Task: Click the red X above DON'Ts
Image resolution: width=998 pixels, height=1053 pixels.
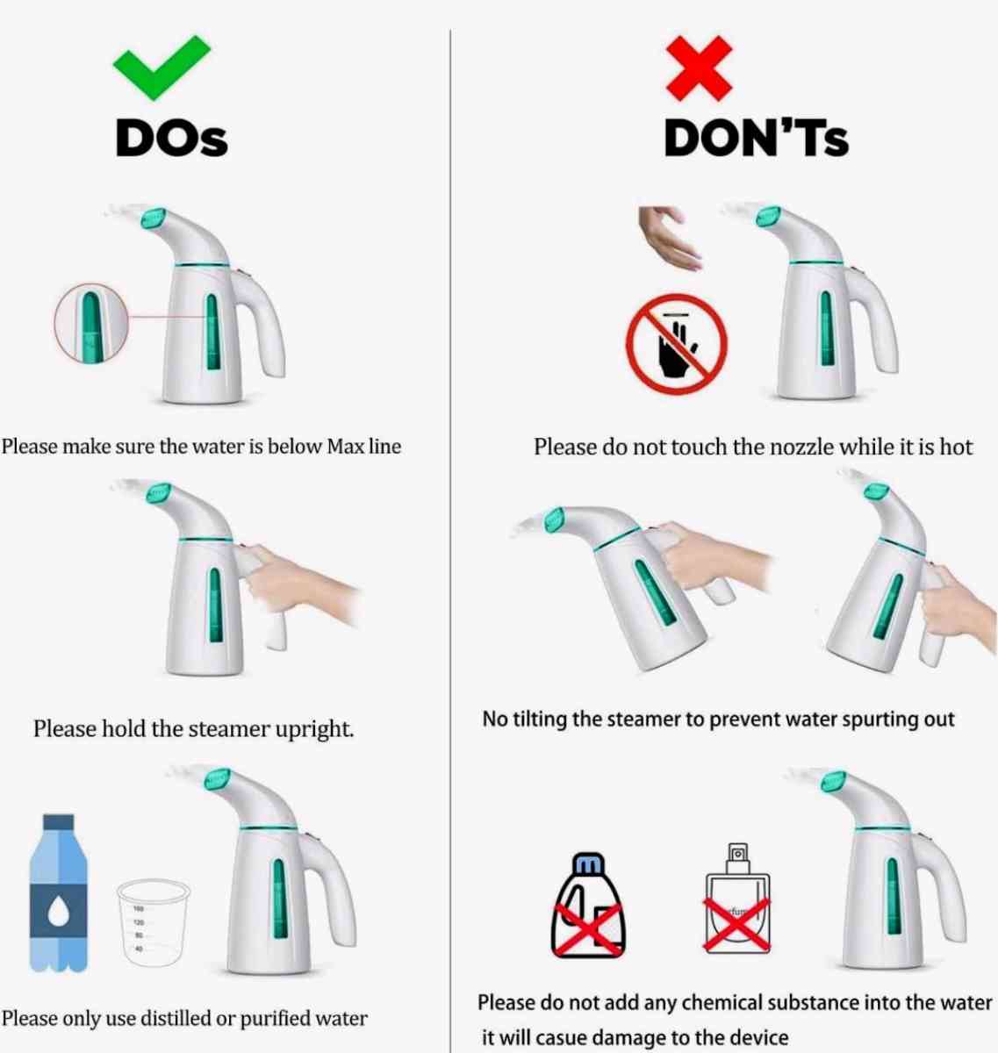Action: pos(699,68)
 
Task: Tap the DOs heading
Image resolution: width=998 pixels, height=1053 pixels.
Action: pos(171,138)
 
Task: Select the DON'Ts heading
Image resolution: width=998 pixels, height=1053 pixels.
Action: pos(757,138)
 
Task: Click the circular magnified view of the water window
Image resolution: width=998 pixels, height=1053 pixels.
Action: pos(91,323)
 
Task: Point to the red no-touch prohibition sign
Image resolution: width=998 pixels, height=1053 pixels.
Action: pos(677,343)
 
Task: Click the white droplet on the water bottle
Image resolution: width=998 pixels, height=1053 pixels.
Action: pos(59,912)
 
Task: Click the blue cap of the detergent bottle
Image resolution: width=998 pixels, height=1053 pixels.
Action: pos(588,863)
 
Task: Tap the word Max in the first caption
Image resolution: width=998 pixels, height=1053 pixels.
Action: pos(343,446)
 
